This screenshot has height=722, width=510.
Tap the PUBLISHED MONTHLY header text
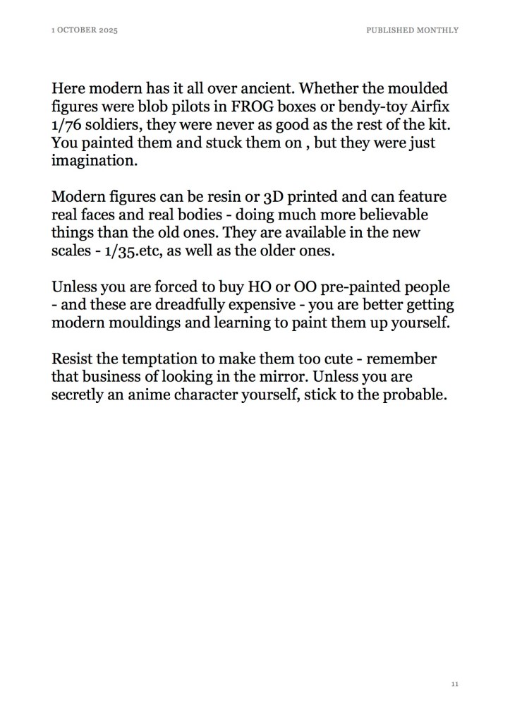point(413,30)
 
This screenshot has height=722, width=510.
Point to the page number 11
point(455,684)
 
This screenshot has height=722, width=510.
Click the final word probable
point(415,395)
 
